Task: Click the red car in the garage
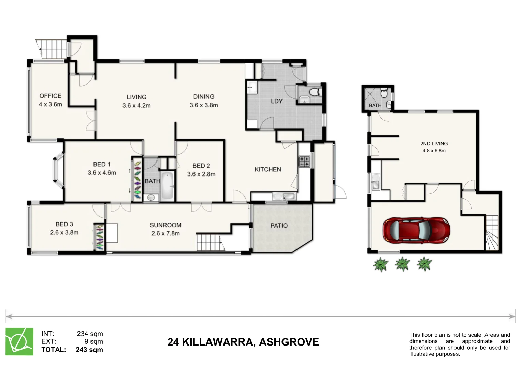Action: pos(416,230)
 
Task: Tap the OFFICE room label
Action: pos(50,96)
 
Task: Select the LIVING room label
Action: pos(136,97)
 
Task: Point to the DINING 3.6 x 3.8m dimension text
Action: pos(204,105)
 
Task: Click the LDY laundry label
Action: pos(276,101)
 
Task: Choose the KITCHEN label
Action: pos(268,169)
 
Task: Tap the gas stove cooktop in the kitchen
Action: pos(304,161)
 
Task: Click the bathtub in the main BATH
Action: pos(167,186)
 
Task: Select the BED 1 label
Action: pos(102,164)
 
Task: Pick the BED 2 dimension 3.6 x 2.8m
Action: pos(201,174)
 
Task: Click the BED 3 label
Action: pos(64,224)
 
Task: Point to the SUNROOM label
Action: pos(165,225)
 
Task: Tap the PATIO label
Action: pos(279,226)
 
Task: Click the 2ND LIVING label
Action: pos(434,144)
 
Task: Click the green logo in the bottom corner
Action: pos(19,341)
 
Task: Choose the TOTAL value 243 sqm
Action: pos(89,350)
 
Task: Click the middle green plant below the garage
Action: pos(402,264)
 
